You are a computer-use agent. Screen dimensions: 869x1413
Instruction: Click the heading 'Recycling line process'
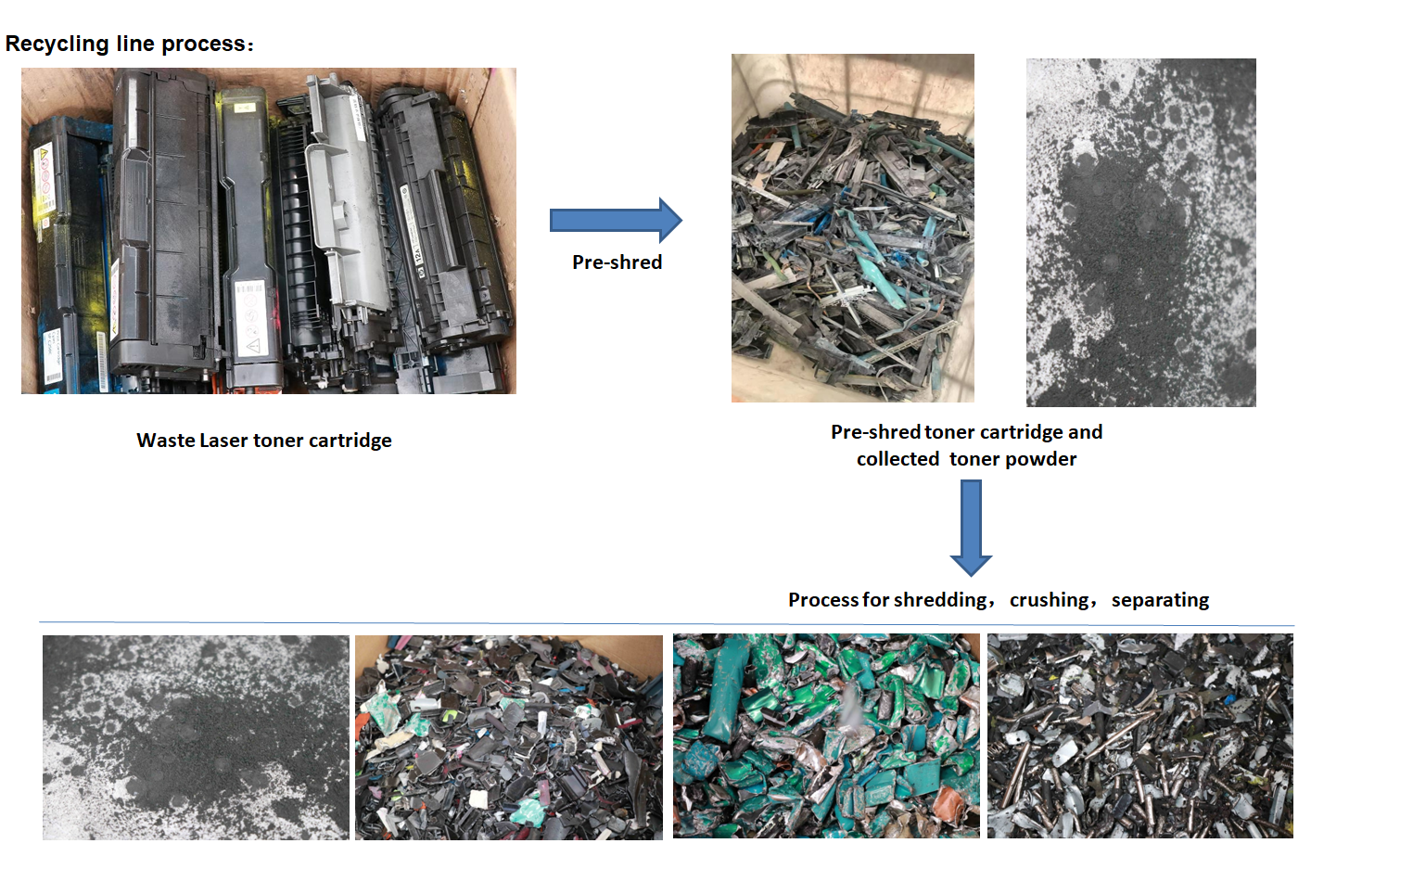click(x=128, y=44)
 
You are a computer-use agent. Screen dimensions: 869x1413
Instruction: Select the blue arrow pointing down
click(x=971, y=526)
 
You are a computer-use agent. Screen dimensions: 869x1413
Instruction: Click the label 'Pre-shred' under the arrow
click(x=617, y=262)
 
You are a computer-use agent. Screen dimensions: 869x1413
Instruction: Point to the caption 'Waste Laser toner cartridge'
click(x=264, y=441)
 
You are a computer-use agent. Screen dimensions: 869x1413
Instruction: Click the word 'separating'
click(x=1160, y=600)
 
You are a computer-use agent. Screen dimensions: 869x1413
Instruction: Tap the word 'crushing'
click(x=1050, y=600)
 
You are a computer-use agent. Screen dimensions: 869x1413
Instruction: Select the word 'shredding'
click(x=940, y=600)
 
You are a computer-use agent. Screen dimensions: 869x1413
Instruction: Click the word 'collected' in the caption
click(x=897, y=459)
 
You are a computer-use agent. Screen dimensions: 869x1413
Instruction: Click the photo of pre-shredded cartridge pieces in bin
click(x=852, y=228)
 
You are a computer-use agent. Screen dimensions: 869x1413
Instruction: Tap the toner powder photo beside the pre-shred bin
click(x=1140, y=232)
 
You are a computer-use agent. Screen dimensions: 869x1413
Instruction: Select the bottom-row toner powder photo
click(x=196, y=737)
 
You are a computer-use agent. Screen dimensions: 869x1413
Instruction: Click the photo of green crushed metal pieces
click(x=826, y=736)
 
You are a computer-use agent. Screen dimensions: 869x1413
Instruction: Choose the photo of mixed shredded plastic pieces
click(x=508, y=737)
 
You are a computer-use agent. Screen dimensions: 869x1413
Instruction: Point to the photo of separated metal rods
click(x=1139, y=736)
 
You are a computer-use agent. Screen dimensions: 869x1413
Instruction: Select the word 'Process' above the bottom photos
click(x=823, y=600)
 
